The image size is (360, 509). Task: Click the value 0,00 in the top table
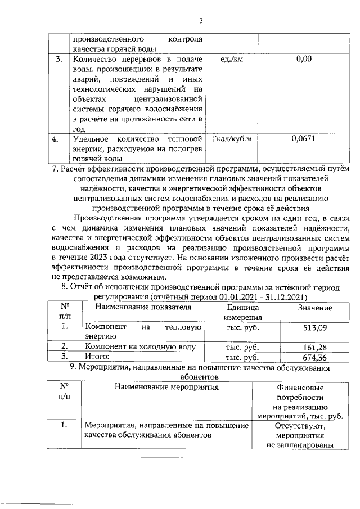(x=303, y=58)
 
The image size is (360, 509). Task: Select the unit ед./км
(x=230, y=58)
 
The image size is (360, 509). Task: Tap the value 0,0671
(x=303, y=139)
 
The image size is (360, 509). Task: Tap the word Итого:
(x=96, y=357)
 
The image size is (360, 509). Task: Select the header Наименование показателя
(x=143, y=307)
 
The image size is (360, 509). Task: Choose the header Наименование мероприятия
(x=166, y=387)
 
